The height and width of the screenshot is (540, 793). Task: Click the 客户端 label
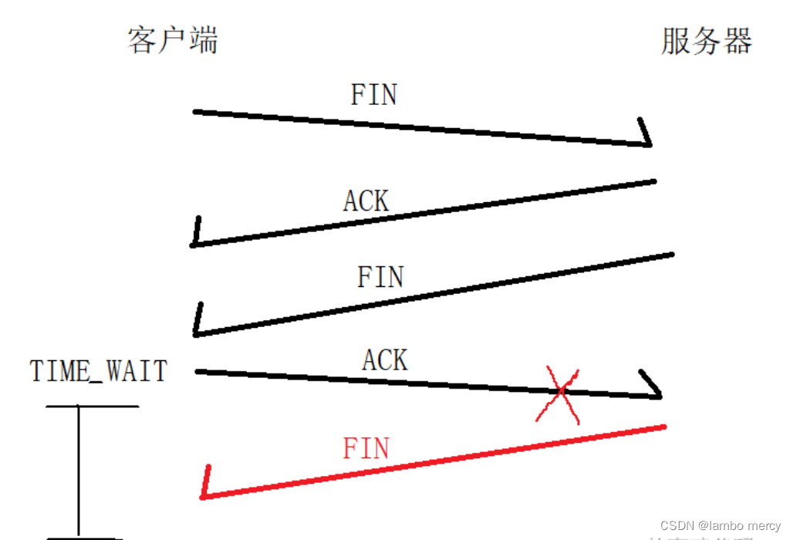pyautogui.click(x=173, y=40)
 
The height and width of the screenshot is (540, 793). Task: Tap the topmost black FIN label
pyautogui.click(x=374, y=95)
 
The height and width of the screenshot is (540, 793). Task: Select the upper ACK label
pyautogui.click(x=366, y=201)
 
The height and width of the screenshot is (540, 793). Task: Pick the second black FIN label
pyautogui.click(x=380, y=276)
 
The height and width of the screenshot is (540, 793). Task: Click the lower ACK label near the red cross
pyautogui.click(x=385, y=359)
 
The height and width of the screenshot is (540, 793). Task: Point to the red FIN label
pyautogui.click(x=366, y=448)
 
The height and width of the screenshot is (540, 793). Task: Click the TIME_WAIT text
pyautogui.click(x=99, y=371)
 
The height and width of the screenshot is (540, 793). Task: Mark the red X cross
pyautogui.click(x=558, y=394)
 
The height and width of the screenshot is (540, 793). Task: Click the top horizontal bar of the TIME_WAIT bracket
pyautogui.click(x=93, y=406)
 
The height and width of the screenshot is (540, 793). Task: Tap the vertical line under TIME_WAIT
pyautogui.click(x=79, y=471)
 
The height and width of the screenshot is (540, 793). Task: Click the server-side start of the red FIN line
pyautogui.click(x=663, y=427)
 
